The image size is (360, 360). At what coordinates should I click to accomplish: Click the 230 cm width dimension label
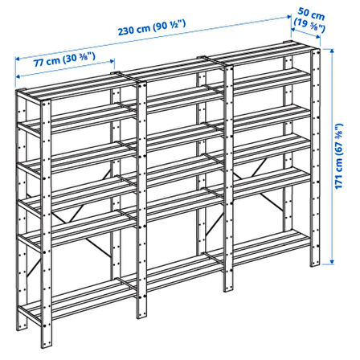pyautogui.click(x=152, y=27)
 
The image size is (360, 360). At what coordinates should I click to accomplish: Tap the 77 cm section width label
pyautogui.click(x=64, y=59)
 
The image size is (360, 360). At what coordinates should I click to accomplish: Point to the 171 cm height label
pyautogui.click(x=339, y=156)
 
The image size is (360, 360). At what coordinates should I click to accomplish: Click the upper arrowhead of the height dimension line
pyautogui.click(x=332, y=51)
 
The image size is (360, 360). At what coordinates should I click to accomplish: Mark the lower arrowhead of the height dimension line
pyautogui.click(x=332, y=261)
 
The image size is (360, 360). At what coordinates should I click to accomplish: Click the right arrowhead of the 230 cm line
pyautogui.click(x=289, y=17)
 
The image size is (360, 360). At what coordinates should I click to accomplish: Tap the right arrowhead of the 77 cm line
pyautogui.click(x=112, y=61)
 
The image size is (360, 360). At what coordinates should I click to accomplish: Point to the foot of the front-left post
pyautogui.click(x=47, y=345)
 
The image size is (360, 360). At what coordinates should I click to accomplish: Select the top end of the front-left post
pyautogui.click(x=46, y=102)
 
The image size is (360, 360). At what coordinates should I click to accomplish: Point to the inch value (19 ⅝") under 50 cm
pyautogui.click(x=309, y=27)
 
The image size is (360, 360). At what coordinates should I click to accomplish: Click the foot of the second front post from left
pyautogui.click(x=141, y=315)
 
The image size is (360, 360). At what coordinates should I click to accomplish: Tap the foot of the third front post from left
pyautogui.click(x=228, y=288)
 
